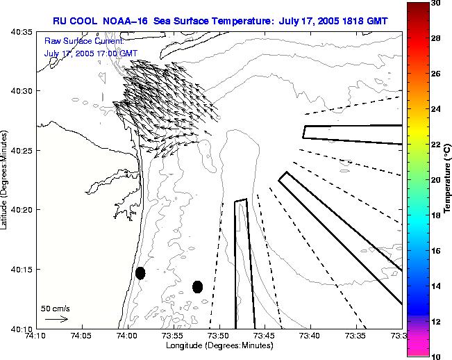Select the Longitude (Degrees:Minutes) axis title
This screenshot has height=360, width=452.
pyautogui.click(x=219, y=346)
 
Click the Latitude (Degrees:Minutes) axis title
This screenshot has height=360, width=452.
pyautogui.click(x=6, y=180)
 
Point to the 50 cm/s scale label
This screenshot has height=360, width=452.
pyautogui.click(x=56, y=308)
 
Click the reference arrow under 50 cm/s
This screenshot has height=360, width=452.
pyautogui.click(x=56, y=320)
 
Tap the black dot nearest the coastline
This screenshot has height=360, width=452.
pyautogui.click(x=140, y=273)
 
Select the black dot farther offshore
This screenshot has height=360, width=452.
pyautogui.click(x=197, y=286)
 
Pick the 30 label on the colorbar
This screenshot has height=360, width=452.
pyautogui.click(x=435, y=3)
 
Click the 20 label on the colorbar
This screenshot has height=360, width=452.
pyautogui.click(x=435, y=180)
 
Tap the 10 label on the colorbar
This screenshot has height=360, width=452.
pyautogui.click(x=435, y=356)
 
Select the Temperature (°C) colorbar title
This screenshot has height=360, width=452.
pyautogui.click(x=449, y=180)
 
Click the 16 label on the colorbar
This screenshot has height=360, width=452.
pyautogui.click(x=435, y=250)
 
